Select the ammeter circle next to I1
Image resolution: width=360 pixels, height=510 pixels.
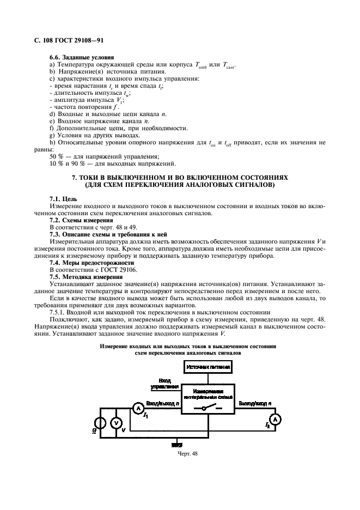[138, 408]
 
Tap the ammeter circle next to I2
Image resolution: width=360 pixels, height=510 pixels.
[275, 419]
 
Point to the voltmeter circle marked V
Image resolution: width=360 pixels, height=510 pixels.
[115, 423]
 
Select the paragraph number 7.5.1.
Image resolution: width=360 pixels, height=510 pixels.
[57, 312]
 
